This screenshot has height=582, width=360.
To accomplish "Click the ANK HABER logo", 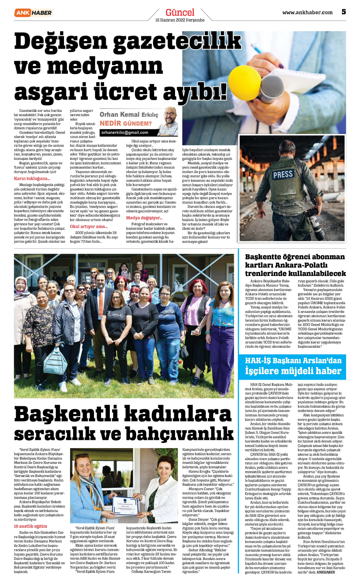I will tap(33, 13).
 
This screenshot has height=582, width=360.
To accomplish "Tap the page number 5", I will tap(344, 12).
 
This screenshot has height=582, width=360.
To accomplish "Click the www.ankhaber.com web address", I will tap(307, 13).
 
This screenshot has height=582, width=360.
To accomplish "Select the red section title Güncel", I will tap(180, 13).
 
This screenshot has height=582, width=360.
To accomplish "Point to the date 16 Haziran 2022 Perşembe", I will tap(180, 20).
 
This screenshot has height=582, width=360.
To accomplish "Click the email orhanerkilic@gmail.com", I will tap(125, 133).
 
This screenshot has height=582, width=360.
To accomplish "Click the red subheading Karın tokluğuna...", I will tap(32, 179).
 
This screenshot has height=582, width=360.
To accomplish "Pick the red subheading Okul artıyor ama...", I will tap(89, 227).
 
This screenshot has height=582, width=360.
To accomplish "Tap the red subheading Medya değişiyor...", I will tap(144, 218).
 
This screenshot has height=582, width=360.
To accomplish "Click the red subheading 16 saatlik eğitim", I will tap(30, 526).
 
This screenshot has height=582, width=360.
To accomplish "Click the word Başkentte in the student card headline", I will tap(263, 257).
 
